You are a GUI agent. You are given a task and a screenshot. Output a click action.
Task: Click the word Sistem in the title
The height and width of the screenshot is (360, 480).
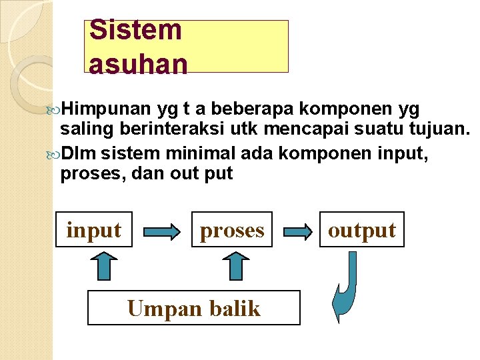[x=135, y=30]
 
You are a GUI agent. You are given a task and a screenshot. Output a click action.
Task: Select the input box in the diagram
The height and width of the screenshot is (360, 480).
[x=94, y=230]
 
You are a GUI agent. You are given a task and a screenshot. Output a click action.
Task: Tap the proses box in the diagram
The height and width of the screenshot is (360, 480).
[x=232, y=230]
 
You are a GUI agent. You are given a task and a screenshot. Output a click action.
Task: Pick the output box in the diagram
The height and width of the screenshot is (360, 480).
[x=362, y=230]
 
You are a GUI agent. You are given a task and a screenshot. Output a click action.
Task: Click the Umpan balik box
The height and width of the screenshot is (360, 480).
[x=194, y=308]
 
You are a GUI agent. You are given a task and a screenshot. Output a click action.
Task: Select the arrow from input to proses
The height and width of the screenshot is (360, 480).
[x=162, y=231]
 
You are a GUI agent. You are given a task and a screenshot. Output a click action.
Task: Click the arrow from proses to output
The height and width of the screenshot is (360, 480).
[x=298, y=231]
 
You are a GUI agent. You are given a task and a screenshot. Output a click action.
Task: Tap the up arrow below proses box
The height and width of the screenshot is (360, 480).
[x=237, y=267]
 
